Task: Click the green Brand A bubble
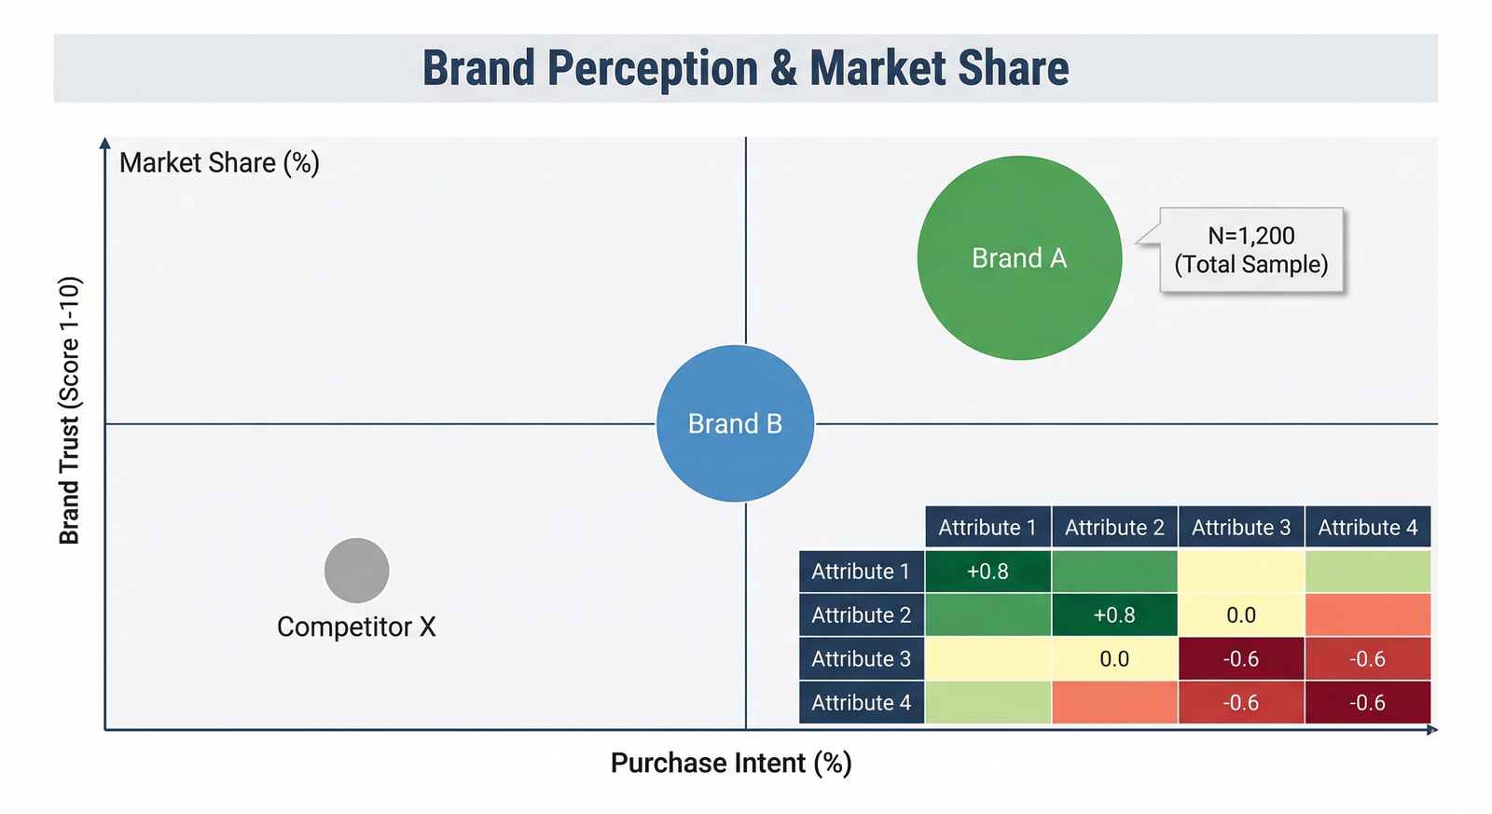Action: [1019, 257]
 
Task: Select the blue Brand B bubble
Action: [735, 423]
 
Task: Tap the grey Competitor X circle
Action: [356, 570]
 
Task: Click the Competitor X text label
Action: [356, 627]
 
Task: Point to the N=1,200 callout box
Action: [1250, 250]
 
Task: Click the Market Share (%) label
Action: [219, 163]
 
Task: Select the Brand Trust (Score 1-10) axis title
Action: [70, 410]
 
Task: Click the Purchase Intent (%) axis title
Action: [731, 763]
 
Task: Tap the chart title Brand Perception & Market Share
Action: [745, 68]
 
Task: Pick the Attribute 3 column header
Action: [1240, 527]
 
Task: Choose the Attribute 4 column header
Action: [1367, 527]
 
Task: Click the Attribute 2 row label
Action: [861, 615]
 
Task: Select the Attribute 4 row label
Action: [861, 703]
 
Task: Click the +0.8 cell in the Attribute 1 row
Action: [988, 572]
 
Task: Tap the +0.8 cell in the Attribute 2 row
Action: [1114, 615]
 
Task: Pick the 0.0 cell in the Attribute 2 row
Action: [1240, 615]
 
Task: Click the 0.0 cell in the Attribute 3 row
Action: [1114, 659]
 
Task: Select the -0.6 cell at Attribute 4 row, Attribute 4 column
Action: [1367, 703]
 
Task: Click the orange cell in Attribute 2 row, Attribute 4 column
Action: [1367, 615]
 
